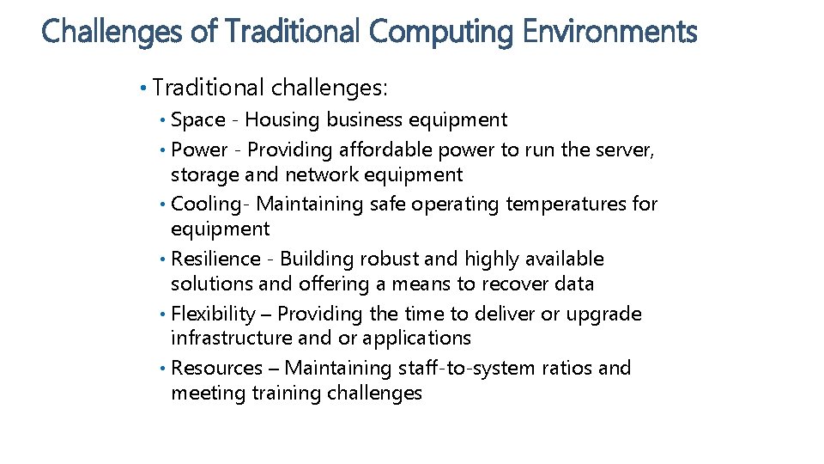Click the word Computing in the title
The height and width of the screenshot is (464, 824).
tap(439, 33)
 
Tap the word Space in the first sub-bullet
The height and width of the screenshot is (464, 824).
tap(198, 120)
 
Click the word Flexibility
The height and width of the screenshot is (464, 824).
tap(214, 314)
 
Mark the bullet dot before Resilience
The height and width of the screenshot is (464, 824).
tap(163, 259)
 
